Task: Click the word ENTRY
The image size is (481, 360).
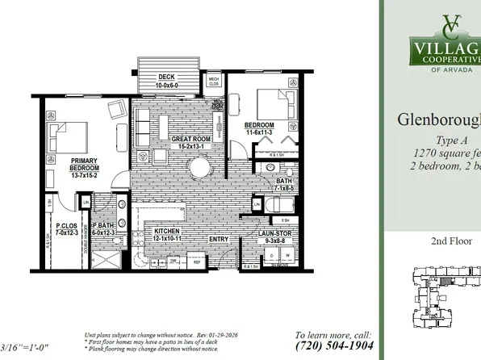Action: pos(218,240)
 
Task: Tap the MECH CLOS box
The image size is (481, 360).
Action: pos(213,81)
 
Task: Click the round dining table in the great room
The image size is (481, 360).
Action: pos(199,167)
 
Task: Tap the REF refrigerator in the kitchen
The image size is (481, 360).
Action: pos(195,261)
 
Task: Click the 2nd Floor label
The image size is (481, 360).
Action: pos(450,241)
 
